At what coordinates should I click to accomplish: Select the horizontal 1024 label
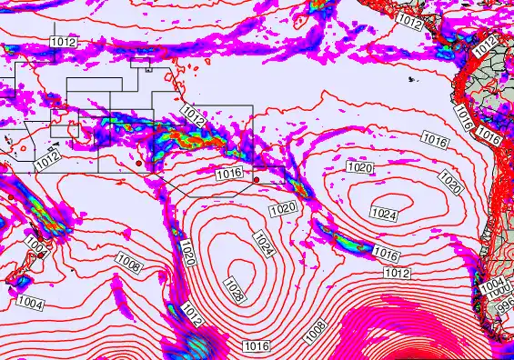pyautogui.click(x=384, y=214)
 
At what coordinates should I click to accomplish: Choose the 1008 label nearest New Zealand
pyautogui.click(x=128, y=265)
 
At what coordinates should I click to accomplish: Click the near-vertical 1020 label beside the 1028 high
pyautogui.click(x=187, y=254)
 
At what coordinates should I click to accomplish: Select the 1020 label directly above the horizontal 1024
pyautogui.click(x=360, y=168)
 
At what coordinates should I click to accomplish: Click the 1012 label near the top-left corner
pyautogui.click(x=64, y=43)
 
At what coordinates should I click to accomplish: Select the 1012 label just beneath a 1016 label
pyautogui.click(x=394, y=273)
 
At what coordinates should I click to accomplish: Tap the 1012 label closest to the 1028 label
pyautogui.click(x=191, y=315)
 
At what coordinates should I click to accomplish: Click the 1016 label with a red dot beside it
pyautogui.click(x=229, y=174)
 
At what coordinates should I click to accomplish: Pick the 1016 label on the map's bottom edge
pyautogui.click(x=257, y=345)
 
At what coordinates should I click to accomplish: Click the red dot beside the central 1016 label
pyautogui.click(x=257, y=180)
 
